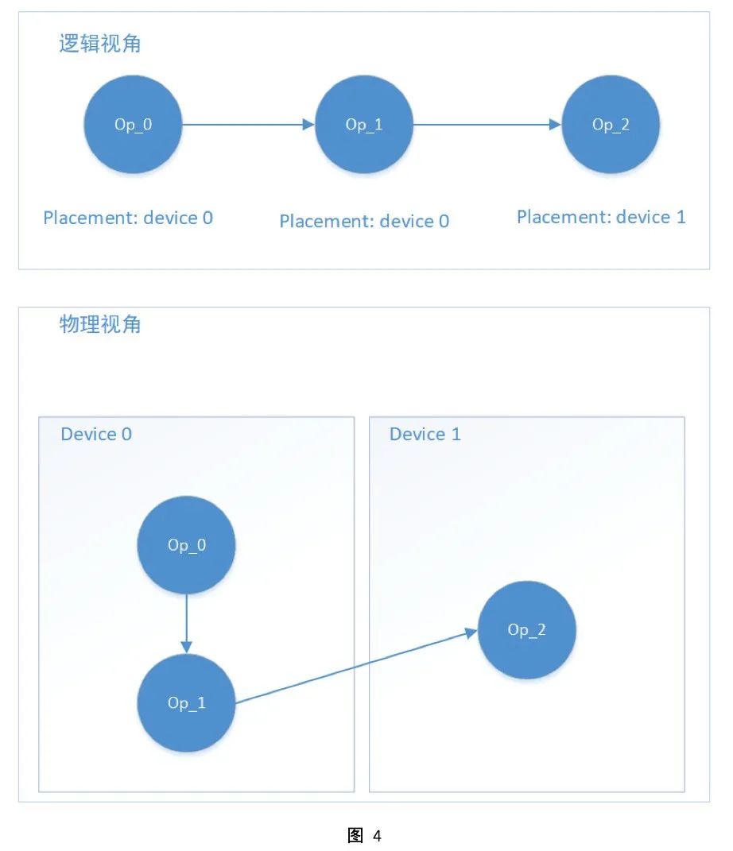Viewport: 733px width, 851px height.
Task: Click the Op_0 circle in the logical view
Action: click(133, 125)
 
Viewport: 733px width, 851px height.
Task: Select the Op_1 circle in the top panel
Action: click(364, 125)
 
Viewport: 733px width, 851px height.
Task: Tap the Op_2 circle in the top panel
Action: click(611, 125)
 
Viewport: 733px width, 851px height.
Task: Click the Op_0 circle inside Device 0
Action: click(186, 545)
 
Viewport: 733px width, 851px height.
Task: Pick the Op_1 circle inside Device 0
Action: click(186, 703)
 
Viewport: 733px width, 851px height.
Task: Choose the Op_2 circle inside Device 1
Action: click(526, 630)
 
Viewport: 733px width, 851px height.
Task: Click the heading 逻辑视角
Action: click(99, 44)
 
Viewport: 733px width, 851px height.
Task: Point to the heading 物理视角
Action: click(99, 324)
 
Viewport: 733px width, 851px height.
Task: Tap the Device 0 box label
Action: click(96, 434)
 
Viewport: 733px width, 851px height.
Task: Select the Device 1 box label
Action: click(425, 434)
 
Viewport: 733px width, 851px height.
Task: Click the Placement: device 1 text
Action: click(601, 217)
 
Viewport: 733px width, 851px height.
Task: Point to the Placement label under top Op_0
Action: click(128, 218)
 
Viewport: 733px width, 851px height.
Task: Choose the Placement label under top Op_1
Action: click(364, 221)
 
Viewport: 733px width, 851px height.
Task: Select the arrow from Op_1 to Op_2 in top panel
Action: click(487, 125)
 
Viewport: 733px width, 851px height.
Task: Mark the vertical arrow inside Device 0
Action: click(186, 623)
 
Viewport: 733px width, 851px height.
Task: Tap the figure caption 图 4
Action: click(366, 836)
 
